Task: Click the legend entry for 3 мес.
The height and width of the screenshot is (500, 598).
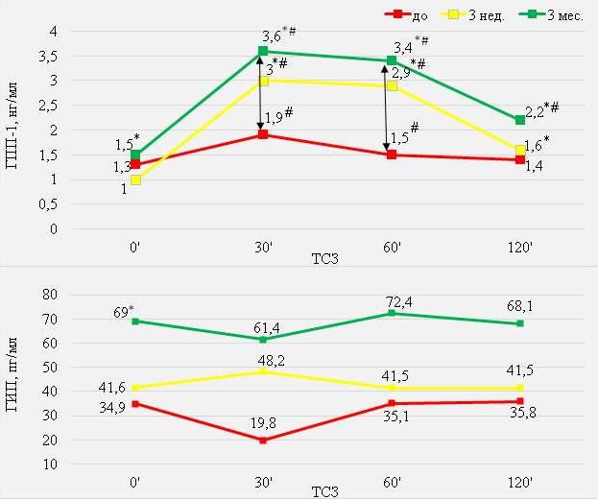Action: (x=558, y=15)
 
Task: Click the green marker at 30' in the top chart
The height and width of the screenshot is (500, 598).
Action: (x=262, y=51)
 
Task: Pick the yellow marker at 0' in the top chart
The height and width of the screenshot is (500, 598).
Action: (x=135, y=179)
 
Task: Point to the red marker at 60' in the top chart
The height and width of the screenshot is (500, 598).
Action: (x=391, y=155)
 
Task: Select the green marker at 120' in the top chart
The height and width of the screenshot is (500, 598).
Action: (x=519, y=120)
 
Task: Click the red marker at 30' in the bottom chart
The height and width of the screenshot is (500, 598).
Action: (x=262, y=440)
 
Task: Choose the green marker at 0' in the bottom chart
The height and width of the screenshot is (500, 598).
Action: (x=135, y=321)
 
